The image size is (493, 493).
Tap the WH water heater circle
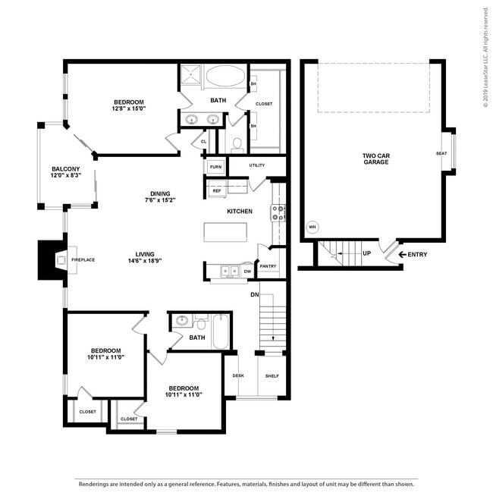[x=312, y=227]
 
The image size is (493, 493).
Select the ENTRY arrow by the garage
[x=401, y=254]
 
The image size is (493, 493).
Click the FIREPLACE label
[x=83, y=260]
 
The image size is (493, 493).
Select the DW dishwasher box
[x=247, y=271]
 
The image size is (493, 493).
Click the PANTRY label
[x=268, y=266]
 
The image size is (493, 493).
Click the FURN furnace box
[x=215, y=167]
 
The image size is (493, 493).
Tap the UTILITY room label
[x=256, y=165]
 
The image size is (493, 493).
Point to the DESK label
[x=237, y=376]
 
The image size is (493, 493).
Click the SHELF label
[x=272, y=376]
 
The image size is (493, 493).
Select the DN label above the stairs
[x=255, y=294]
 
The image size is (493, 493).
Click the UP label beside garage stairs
[x=366, y=253]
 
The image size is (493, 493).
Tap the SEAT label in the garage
[x=441, y=153]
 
